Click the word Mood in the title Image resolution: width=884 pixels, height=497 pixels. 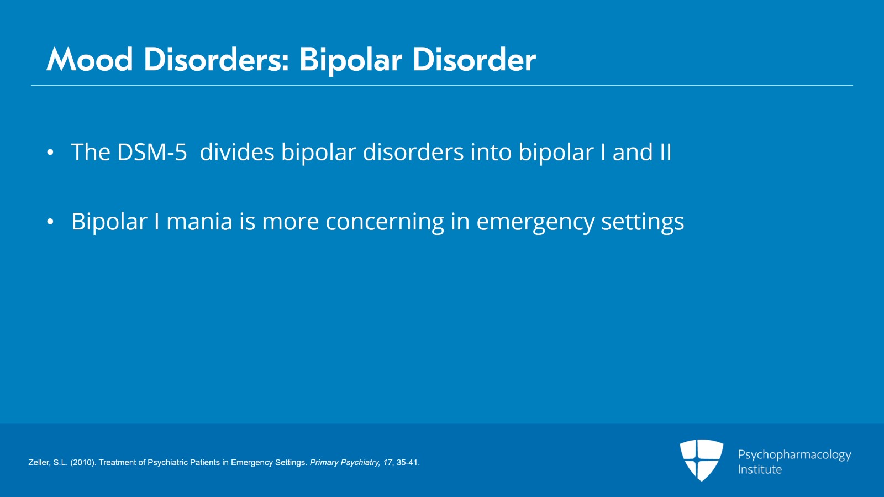point(90,60)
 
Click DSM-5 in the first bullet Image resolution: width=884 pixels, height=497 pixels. point(152,152)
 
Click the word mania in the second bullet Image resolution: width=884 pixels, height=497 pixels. point(199,222)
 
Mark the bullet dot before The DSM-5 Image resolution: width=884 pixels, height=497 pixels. point(50,153)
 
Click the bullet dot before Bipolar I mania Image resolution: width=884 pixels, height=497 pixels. point(50,222)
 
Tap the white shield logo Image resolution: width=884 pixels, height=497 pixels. point(701,460)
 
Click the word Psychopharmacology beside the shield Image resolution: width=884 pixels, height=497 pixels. point(794,455)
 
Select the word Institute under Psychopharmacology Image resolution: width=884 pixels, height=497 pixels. point(760,469)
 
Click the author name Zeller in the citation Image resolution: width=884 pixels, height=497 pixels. point(39,463)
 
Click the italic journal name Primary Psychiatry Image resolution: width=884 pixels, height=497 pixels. point(345,463)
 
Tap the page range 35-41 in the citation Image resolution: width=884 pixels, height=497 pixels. point(408,463)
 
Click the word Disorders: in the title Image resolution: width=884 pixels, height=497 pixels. point(216,60)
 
